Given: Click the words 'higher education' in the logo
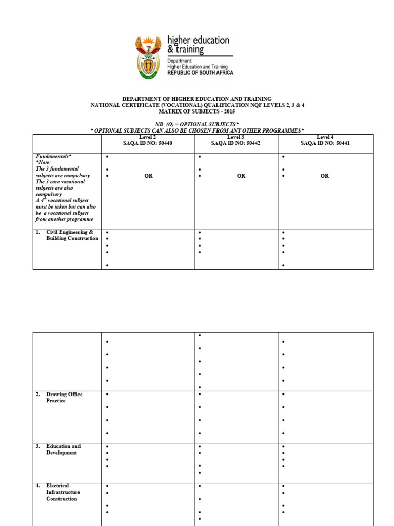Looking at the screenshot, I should [x=199, y=40].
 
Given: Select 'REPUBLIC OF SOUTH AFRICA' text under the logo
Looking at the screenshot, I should [x=200, y=73].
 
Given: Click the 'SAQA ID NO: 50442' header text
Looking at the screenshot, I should [x=235, y=143].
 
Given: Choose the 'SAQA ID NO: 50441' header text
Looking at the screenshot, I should [x=325, y=143].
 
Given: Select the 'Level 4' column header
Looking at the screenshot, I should [x=325, y=137].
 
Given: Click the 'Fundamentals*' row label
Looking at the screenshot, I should [x=54, y=156].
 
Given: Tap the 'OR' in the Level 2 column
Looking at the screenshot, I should [x=148, y=176].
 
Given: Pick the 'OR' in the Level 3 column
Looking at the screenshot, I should [x=241, y=176].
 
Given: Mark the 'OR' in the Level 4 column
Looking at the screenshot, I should [x=325, y=176].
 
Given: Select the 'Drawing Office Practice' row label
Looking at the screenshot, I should [x=64, y=398].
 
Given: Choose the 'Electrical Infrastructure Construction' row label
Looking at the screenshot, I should [x=63, y=492].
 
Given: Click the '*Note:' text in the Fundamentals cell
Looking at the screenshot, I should [x=44, y=162].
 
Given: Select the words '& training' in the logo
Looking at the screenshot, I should [x=186, y=50].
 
